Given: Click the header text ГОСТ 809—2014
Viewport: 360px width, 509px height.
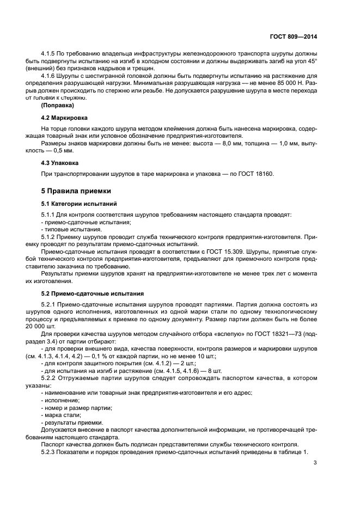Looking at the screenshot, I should tap(293, 36).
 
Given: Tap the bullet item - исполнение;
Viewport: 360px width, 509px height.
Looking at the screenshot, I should tap(60, 400).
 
